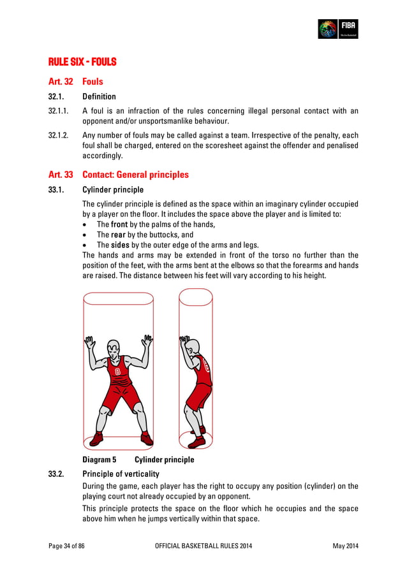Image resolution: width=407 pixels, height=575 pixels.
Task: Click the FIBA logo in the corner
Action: point(338,29)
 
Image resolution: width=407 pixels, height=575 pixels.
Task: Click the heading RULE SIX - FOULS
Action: point(82,62)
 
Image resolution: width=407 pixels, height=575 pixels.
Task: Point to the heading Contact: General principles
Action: point(135,174)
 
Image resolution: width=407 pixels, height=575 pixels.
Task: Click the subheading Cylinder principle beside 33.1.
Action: point(113,190)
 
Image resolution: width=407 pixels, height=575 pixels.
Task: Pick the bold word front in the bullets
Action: point(120,224)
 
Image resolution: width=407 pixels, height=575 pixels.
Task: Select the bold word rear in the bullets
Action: point(119,235)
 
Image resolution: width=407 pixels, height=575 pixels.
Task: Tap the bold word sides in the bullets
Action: point(120,245)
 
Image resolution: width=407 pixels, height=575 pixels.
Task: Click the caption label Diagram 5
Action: point(100,460)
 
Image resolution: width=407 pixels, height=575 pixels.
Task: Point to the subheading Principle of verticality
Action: point(121,474)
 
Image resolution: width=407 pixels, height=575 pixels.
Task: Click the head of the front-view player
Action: point(114,349)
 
